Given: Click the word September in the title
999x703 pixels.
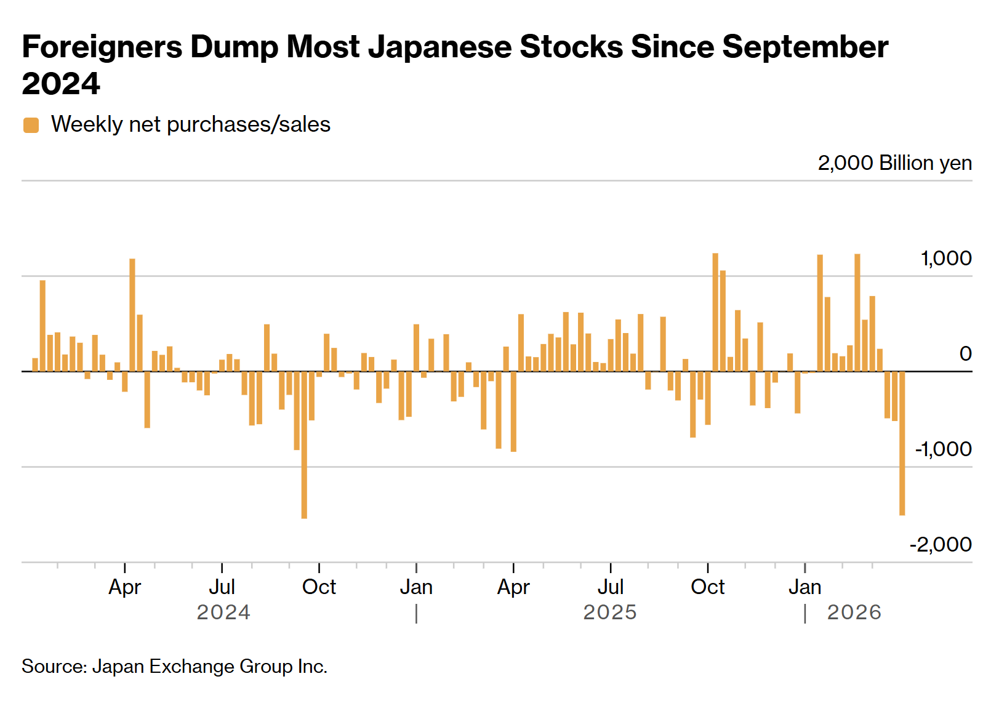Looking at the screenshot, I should [805, 47].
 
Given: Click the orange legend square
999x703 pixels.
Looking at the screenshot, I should [31, 125].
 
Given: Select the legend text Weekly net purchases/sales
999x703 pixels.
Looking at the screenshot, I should [191, 124].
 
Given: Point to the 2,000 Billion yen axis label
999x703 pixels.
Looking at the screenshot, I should [894, 163].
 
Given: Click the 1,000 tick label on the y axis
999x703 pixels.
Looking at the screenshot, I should [946, 259].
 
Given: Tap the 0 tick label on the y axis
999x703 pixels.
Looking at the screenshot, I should [965, 354].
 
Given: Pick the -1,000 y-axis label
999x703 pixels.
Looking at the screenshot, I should [943, 449].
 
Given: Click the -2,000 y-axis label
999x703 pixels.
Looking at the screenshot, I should [941, 545].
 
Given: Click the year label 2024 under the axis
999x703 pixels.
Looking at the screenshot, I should [223, 613].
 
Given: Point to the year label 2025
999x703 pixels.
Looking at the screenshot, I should [610, 613].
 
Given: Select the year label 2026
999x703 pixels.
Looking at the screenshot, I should [854, 613].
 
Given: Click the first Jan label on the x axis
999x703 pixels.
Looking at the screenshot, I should [416, 587].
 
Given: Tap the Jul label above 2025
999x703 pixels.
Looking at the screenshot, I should [611, 587].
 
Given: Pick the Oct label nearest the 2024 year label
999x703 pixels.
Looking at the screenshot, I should [319, 587].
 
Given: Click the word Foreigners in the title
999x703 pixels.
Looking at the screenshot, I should [102, 47].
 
